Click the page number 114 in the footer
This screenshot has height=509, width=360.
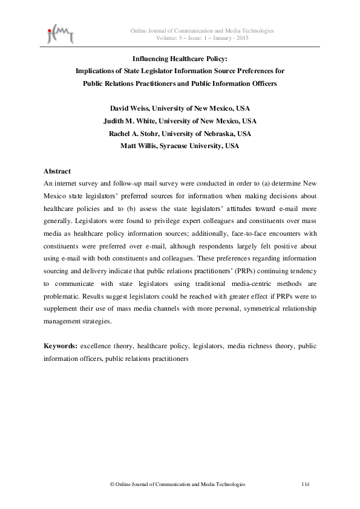(x=306, y=484)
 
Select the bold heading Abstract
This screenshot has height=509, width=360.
(x=57, y=172)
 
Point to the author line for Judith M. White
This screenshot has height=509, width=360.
(x=180, y=121)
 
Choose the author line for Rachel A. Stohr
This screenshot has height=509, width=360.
(x=180, y=134)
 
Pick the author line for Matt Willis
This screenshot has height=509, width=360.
(x=180, y=146)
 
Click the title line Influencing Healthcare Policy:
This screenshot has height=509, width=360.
(x=179, y=59)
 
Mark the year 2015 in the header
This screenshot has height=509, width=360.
(x=242, y=38)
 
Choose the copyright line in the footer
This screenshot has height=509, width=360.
(x=177, y=484)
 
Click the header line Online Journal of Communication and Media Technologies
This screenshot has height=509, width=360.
(x=203, y=30)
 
